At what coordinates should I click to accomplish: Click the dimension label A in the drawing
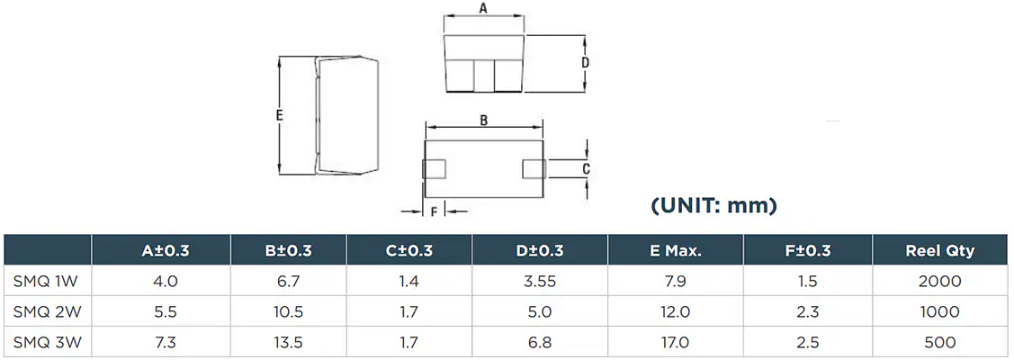pyautogui.click(x=483, y=8)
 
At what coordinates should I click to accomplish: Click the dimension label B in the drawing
pyautogui.click(x=483, y=121)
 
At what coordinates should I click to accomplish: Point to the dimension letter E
pyautogui.click(x=280, y=116)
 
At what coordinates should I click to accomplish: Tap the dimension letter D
pyautogui.click(x=585, y=63)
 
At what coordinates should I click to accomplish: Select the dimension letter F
pyautogui.click(x=434, y=212)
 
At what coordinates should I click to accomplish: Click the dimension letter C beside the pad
pyautogui.click(x=586, y=169)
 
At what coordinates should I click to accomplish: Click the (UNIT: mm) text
pyautogui.click(x=713, y=206)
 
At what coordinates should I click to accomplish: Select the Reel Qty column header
pyautogui.click(x=939, y=251)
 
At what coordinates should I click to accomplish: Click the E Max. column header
pyautogui.click(x=676, y=251)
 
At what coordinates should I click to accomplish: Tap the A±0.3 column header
pyautogui.click(x=166, y=251)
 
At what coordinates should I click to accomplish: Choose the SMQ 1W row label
pyautogui.click(x=47, y=281)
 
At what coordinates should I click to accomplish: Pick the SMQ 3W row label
pyautogui.click(x=47, y=342)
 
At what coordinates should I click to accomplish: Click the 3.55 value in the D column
pyautogui.click(x=540, y=281)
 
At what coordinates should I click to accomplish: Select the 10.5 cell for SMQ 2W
pyautogui.click(x=289, y=311)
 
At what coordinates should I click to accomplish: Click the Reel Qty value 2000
pyautogui.click(x=939, y=281)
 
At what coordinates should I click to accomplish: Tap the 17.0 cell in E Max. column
pyautogui.click(x=676, y=342)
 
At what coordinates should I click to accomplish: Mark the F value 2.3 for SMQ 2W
pyautogui.click(x=807, y=311)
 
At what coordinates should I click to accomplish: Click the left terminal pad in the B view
pyautogui.click(x=434, y=169)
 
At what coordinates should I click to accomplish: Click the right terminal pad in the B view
pyautogui.click(x=533, y=169)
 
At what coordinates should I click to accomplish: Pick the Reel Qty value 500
pyautogui.click(x=939, y=342)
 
